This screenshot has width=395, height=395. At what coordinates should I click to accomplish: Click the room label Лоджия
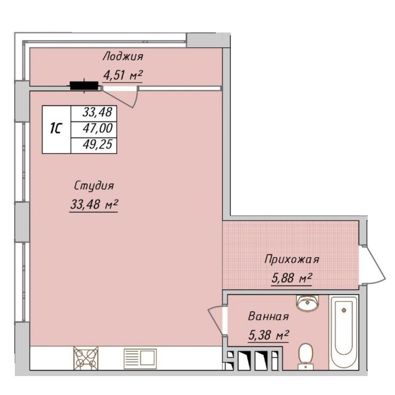point(123,56)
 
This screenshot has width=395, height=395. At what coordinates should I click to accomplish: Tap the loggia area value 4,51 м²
point(123,75)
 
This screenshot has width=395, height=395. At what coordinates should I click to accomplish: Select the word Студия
point(94,186)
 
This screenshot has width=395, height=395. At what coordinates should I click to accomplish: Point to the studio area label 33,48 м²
point(94,204)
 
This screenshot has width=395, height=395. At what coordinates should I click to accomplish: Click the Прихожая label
point(292,259)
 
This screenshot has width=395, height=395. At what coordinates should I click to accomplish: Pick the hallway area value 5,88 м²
point(292,278)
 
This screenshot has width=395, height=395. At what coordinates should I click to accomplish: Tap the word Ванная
point(268,316)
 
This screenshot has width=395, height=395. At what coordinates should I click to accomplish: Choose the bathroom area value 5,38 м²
point(268,335)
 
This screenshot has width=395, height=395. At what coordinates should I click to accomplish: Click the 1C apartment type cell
point(56,129)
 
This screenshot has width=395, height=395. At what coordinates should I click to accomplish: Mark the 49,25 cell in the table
point(94,146)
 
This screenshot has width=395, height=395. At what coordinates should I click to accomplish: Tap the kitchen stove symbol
point(86,358)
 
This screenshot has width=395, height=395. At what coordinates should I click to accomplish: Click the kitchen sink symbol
point(140,358)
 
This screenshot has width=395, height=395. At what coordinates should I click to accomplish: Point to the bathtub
point(344,332)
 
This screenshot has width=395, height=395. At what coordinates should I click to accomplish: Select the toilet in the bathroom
point(306,356)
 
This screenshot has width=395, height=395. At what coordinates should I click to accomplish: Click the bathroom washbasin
point(307,302)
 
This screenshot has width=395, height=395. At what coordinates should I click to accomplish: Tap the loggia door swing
point(120,97)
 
